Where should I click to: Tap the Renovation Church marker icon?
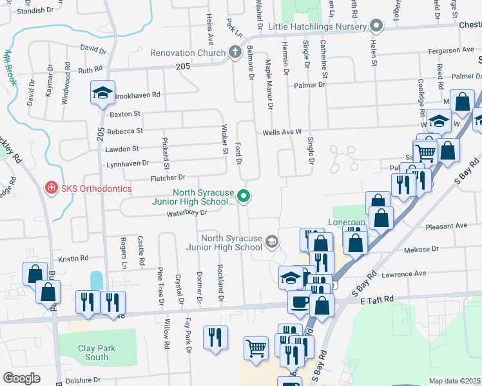pos(235,51)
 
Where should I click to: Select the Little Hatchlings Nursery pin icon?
pos(377,26)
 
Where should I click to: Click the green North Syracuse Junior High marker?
pos(243,196)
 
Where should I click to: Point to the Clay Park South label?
pos(97,353)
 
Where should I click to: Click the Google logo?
pos(22,378)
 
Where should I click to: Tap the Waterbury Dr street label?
pos(186,212)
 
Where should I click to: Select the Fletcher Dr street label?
pos(168,177)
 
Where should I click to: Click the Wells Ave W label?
pos(282,132)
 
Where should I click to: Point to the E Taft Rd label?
pos(376,300)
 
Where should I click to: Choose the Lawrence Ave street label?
pos(404,273)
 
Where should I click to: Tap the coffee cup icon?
pos(299,301)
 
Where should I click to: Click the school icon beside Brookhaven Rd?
pos(102,93)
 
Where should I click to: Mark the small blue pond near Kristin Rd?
pos(97,280)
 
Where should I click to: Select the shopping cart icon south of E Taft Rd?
pos(256,349)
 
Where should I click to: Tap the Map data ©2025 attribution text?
pos(454,381)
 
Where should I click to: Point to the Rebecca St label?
pos(124,131)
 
